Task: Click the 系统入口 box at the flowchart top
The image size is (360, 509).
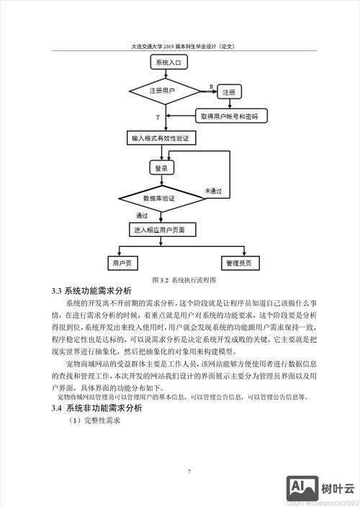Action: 168,63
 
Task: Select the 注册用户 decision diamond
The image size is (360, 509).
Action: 163,91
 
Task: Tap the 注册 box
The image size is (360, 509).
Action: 228,92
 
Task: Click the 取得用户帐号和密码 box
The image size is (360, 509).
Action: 230,115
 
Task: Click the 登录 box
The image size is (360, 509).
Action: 161,168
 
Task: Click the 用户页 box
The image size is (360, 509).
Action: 121,263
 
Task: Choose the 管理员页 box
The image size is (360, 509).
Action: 238,263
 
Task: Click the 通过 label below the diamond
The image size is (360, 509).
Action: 142,215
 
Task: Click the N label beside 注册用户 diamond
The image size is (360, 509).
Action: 211,86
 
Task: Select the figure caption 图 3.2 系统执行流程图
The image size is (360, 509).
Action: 184,279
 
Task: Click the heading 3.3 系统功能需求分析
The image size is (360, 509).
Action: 91,291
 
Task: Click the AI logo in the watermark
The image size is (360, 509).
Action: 302,487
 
